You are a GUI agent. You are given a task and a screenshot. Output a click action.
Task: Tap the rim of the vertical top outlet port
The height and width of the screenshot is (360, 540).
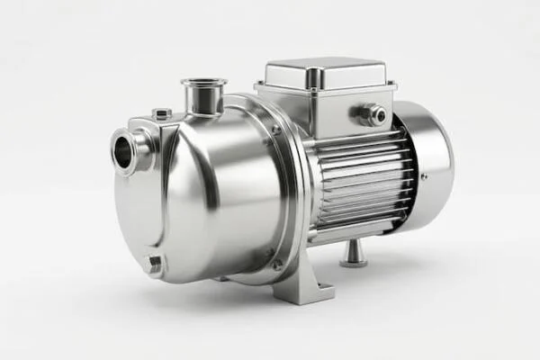tap(203, 83)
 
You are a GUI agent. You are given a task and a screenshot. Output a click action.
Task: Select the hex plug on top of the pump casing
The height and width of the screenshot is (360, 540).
tap(162, 114)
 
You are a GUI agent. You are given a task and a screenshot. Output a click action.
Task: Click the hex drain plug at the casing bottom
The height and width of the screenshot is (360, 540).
tap(154, 263)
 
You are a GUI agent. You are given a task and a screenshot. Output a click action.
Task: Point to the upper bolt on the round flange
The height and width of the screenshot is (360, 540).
tap(275, 130)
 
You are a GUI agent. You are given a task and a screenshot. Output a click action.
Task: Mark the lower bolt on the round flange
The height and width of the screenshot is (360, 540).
tap(277, 263)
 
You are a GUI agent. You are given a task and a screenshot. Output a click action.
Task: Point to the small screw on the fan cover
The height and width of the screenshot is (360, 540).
tap(424, 176)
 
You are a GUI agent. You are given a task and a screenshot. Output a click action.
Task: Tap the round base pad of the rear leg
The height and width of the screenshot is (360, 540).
tap(353, 262)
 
